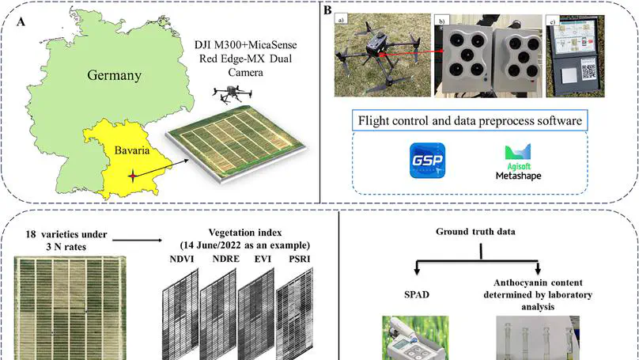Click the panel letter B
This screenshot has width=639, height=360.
pyautogui.click(x=327, y=10)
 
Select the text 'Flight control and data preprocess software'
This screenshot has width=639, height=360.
pyautogui.click(x=472, y=121)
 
